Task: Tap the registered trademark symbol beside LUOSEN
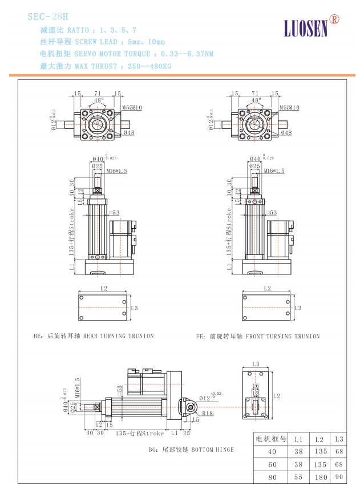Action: pos(334,19)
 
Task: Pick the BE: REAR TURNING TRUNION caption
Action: pos(94,337)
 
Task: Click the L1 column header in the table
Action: pos(298,439)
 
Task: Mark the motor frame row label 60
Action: pos(271,464)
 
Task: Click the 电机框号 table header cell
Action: pos(271,439)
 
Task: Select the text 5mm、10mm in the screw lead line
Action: pos(148,42)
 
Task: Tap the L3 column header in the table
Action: pos(339,439)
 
